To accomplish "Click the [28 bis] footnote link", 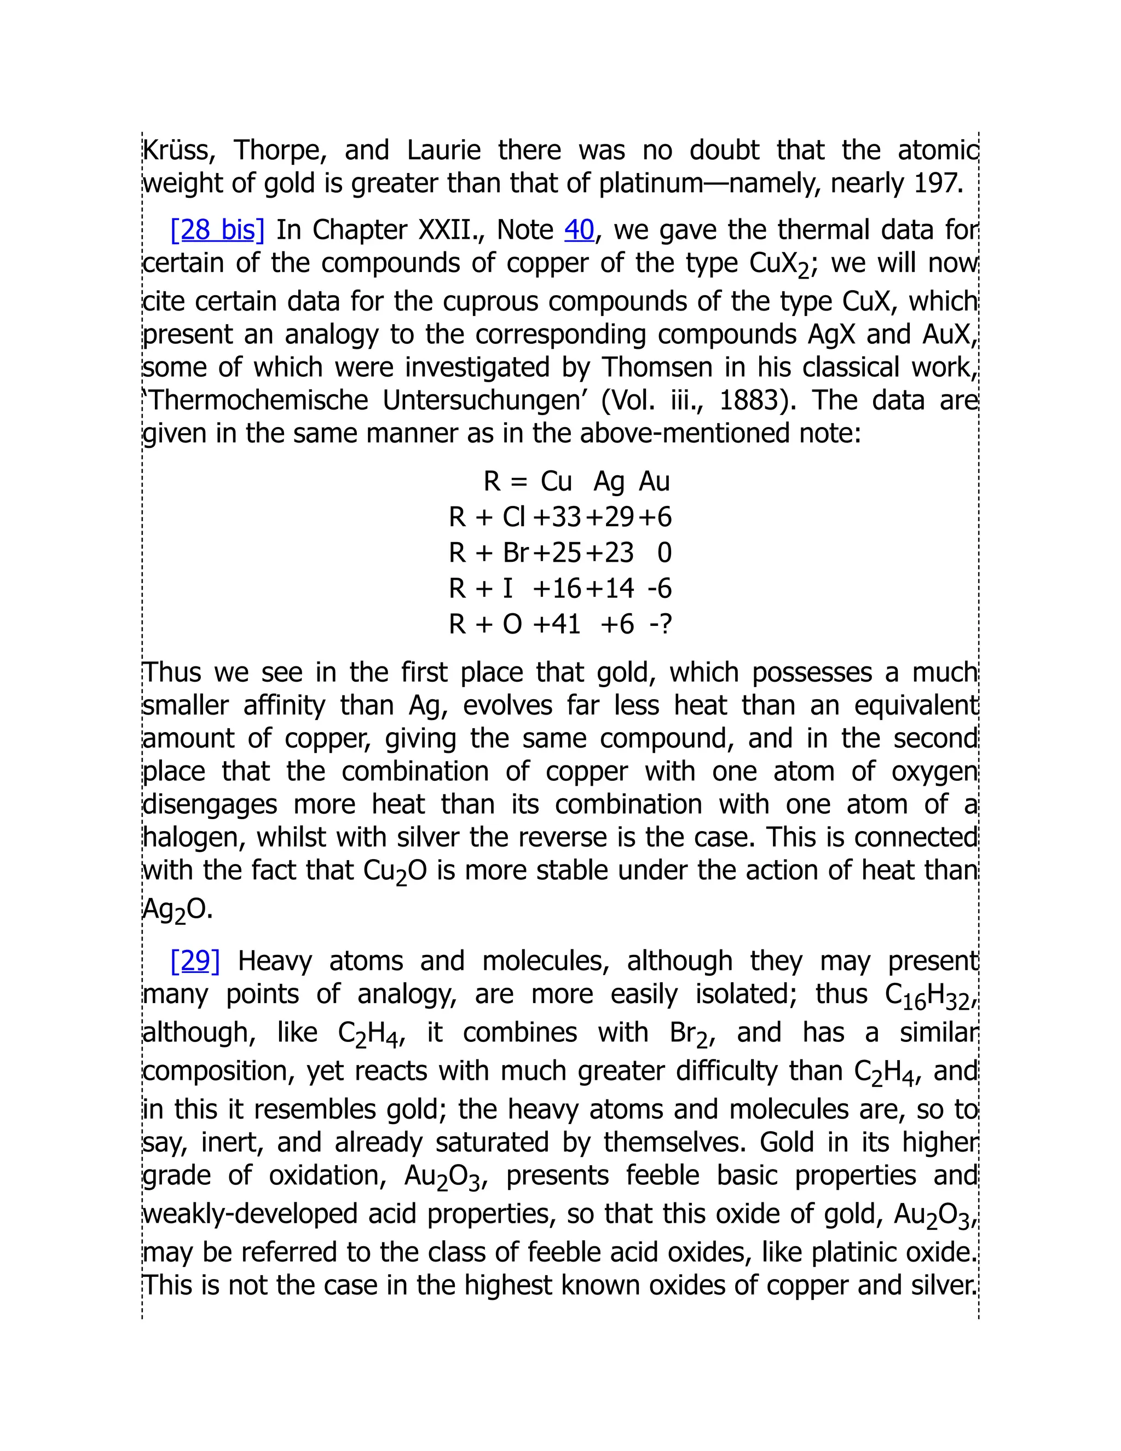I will click(217, 230).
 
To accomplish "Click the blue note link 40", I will click(579, 230).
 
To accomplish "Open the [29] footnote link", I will click(194, 961).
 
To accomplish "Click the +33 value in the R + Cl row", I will click(557, 517).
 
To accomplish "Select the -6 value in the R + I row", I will click(660, 589).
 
